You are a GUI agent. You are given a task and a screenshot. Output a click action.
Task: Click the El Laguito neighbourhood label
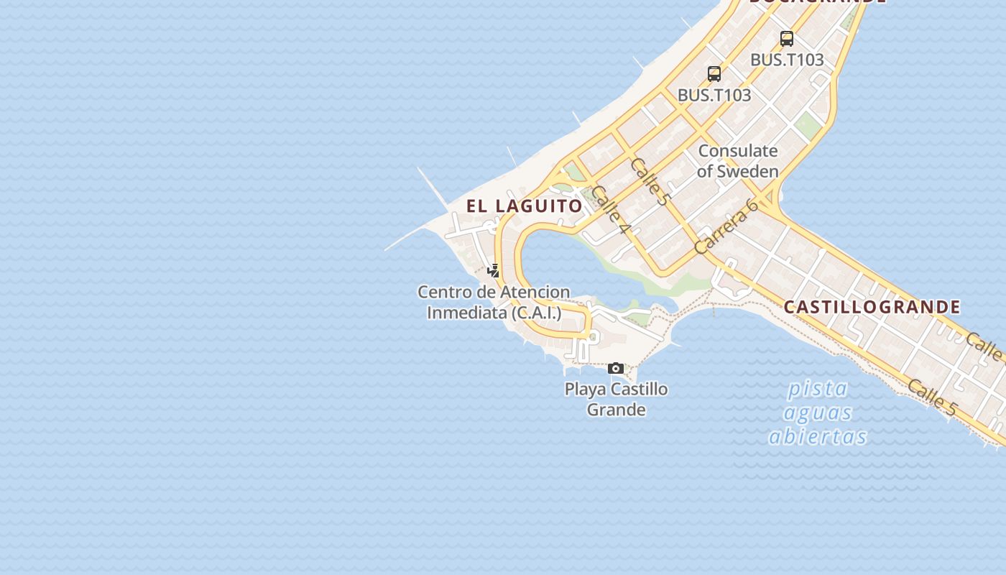524,206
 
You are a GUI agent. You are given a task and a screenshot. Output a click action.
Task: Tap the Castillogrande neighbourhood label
872,308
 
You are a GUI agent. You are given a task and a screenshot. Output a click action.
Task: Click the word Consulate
738,151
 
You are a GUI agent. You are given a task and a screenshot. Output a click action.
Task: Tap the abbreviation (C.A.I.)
536,313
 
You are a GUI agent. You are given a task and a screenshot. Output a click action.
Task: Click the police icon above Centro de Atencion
493,271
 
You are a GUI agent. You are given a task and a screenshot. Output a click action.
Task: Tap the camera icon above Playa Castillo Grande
616,369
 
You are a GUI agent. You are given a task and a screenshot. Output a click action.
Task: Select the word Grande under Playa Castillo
616,410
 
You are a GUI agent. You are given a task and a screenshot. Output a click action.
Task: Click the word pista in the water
818,389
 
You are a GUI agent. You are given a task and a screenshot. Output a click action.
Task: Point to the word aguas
818,413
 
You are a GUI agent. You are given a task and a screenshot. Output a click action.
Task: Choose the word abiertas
818,436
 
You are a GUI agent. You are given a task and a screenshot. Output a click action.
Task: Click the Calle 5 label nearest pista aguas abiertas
932,397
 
